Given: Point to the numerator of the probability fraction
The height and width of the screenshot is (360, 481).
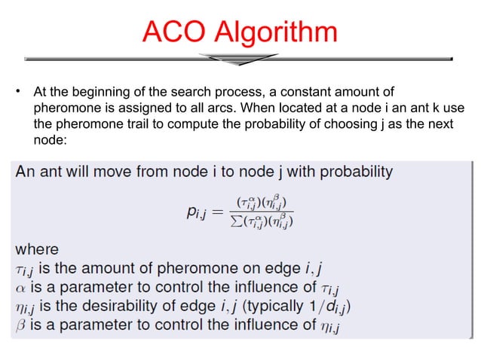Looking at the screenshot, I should tap(264, 203).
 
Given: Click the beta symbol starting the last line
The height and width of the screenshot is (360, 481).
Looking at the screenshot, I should tap(22, 325).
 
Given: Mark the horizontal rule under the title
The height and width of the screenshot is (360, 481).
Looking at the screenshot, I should tap(239, 58).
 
